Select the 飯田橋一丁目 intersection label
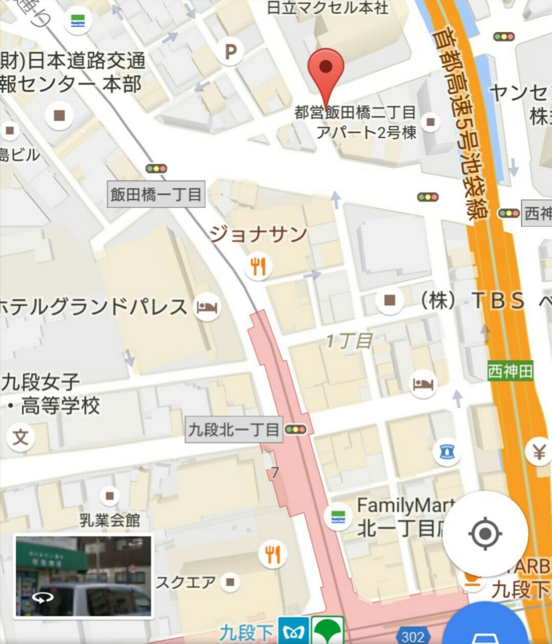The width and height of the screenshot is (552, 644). [157, 194]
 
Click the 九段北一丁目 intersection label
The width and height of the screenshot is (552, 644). [233, 430]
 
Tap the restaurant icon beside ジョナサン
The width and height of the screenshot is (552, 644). [258, 266]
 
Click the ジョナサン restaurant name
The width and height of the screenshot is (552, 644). [258, 235]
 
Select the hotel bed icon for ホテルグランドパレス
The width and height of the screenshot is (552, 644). [207, 308]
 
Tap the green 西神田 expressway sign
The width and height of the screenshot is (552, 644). [510, 371]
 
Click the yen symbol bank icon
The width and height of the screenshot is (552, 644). [538, 451]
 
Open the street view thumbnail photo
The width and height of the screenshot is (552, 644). [83, 576]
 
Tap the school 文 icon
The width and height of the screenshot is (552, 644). [21, 438]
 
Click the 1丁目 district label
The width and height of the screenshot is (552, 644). [350, 341]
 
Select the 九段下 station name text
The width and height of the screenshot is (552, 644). [246, 632]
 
